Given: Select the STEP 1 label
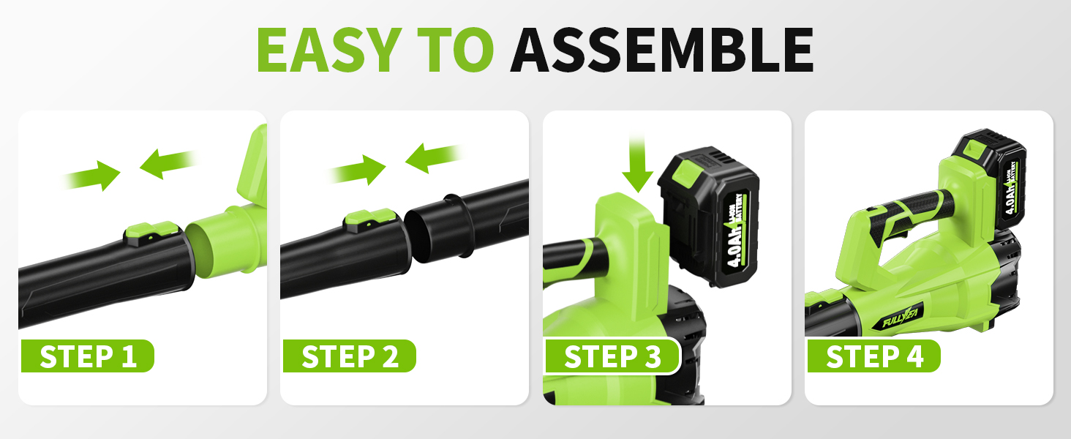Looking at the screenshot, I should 88,356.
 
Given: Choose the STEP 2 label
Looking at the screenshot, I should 350,356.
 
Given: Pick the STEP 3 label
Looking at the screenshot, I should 612,356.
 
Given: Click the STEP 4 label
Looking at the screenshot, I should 874,356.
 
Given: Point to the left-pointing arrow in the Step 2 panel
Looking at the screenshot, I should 431,157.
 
